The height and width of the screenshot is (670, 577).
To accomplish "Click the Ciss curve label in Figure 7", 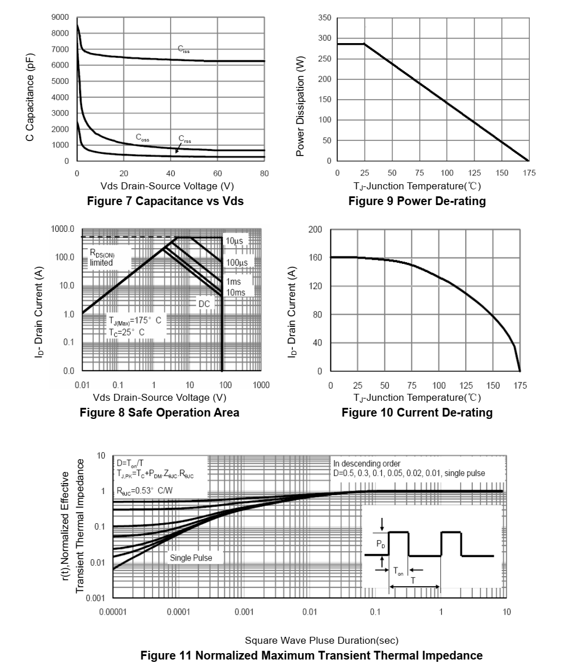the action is point(183,49).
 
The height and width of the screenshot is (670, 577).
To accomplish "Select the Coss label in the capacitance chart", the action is point(143,137).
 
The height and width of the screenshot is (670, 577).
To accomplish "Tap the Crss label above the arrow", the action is point(185,139).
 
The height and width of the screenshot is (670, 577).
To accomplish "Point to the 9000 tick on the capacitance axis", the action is point(60,17).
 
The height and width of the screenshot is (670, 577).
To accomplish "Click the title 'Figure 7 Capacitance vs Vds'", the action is point(165,201).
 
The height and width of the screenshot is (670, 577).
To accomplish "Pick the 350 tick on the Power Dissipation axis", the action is point(324,17).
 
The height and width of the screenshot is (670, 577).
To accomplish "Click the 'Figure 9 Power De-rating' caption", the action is point(417,201).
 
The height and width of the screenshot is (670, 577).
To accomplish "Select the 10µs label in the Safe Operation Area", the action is point(235,241).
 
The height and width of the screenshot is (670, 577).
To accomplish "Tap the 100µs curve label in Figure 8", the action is point(237,262).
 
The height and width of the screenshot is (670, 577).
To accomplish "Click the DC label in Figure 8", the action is point(204,304).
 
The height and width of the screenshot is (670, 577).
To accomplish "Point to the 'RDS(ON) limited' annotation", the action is point(102,258).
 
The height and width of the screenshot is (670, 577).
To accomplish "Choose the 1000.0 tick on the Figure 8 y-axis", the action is point(62,229).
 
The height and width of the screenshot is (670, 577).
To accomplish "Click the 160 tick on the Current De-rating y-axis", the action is point(315,258).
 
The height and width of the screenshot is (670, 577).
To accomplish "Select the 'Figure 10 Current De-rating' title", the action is point(417,412).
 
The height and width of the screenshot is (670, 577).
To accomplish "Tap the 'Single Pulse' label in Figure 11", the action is point(191,558).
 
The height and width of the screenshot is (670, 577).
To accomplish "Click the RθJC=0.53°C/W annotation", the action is point(145,491).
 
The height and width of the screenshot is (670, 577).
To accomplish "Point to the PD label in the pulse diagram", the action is point(381,544).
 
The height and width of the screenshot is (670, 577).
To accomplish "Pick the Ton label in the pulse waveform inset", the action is point(398,571).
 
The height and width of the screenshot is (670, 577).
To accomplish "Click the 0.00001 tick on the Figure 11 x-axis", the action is point(113,612).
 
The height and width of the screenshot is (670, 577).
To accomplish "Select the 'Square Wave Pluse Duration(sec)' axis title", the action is point(321,640).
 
